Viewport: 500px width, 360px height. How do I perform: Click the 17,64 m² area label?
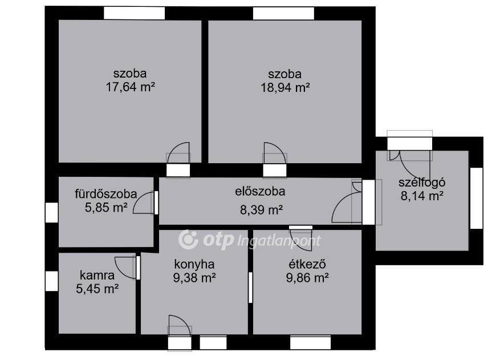131,87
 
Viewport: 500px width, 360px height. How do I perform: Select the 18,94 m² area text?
286,87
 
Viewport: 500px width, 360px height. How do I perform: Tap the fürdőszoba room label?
106,194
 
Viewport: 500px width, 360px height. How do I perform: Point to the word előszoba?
260,191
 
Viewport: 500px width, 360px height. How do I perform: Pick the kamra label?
97,275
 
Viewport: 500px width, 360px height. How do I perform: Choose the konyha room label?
194,264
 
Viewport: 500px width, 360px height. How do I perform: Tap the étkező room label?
307,264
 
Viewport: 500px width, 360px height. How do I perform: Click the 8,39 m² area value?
262,210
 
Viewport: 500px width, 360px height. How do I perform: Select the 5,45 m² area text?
97,289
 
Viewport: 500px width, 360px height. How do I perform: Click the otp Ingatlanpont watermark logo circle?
188,240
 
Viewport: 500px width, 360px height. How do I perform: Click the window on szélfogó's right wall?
477,198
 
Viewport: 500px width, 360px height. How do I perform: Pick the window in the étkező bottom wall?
310,343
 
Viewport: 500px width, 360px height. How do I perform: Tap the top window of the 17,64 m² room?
134,13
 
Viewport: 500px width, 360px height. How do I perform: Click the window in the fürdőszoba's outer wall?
51,212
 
